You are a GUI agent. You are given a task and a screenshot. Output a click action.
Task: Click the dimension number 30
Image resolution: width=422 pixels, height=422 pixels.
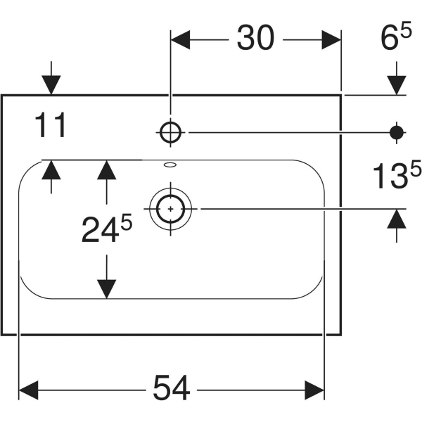255,40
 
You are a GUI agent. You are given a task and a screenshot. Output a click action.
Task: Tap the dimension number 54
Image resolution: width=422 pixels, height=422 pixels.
172,388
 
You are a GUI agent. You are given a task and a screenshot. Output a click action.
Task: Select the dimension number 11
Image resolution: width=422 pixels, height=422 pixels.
51,127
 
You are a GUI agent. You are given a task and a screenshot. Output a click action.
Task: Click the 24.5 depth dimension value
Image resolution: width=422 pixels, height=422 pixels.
105,229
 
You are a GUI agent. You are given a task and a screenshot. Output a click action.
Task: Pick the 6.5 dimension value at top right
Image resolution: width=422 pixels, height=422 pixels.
396,40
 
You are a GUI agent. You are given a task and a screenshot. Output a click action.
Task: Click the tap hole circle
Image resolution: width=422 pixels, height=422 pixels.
171,132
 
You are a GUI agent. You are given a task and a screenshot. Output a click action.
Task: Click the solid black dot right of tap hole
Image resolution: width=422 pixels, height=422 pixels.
397,132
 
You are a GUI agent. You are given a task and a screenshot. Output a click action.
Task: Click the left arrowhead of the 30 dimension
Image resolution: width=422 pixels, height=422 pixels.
181,40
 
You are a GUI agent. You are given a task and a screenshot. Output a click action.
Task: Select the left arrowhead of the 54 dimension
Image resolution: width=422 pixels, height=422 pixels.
28,388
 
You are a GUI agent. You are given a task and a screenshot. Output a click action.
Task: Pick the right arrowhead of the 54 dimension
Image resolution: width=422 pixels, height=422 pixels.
314,388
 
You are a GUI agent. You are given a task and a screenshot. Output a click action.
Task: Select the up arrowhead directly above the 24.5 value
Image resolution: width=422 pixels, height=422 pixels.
106,170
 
